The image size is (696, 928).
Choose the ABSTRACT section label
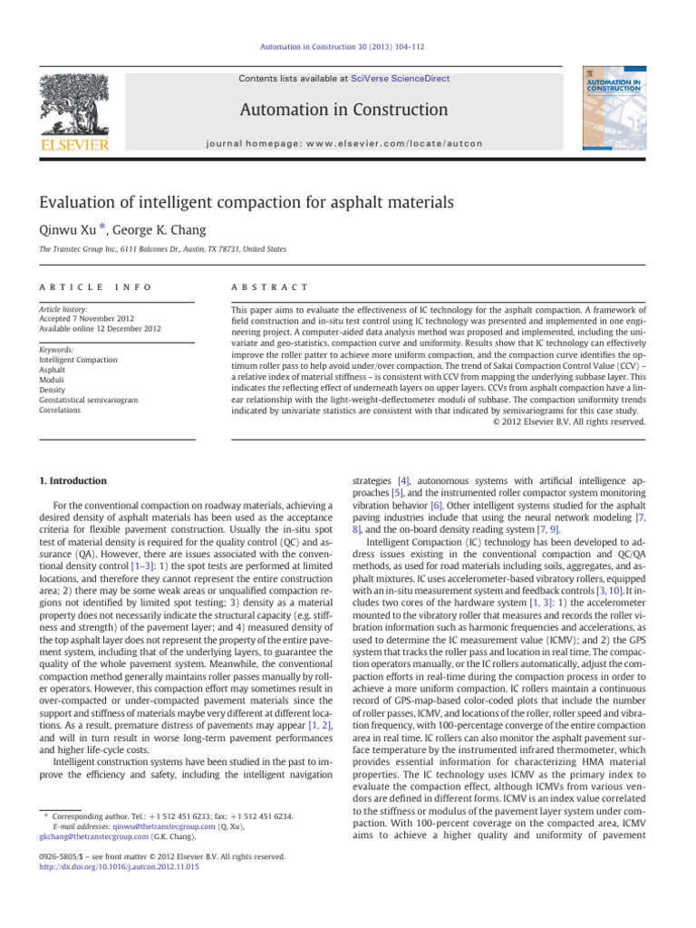click(271, 286)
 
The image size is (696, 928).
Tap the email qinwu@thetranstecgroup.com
click(140, 826)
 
